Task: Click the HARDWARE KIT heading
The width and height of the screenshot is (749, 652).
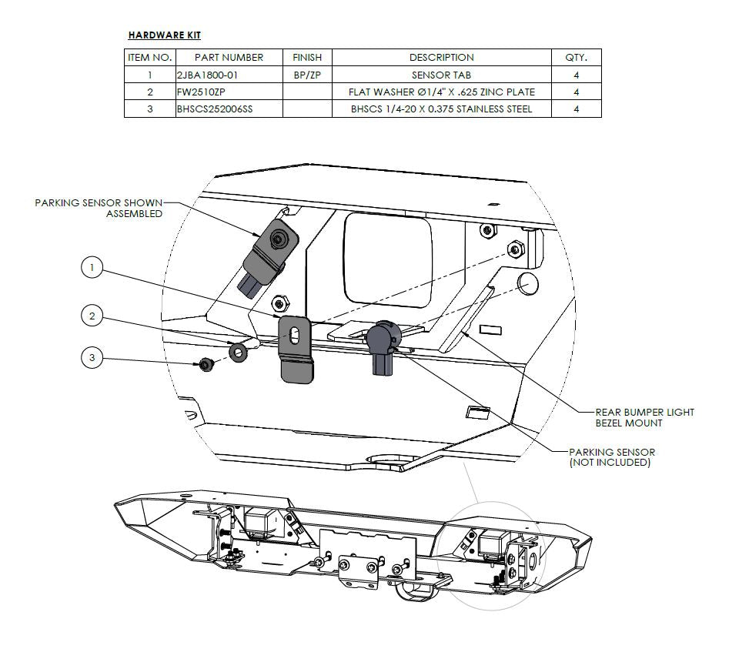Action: click(x=165, y=35)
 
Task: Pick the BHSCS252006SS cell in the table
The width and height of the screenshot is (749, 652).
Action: click(x=215, y=109)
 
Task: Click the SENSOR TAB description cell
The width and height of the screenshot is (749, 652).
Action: click(x=441, y=75)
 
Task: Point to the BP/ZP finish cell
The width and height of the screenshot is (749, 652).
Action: click(x=306, y=75)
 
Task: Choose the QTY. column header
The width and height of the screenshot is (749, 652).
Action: click(x=576, y=58)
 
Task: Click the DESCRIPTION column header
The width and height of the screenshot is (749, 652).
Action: click(x=441, y=58)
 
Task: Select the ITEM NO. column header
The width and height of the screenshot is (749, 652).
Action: click(x=149, y=58)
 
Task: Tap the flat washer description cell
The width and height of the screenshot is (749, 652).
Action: click(x=441, y=92)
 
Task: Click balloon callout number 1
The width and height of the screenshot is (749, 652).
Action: click(x=92, y=267)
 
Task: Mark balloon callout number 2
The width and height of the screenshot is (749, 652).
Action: click(x=92, y=315)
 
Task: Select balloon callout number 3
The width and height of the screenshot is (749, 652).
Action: click(x=92, y=357)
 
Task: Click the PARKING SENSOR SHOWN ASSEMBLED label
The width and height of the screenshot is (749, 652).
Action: click(x=99, y=208)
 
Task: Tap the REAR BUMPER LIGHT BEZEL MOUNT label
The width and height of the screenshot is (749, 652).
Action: click(x=644, y=417)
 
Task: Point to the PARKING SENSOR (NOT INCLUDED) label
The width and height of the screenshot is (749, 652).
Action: click(x=612, y=457)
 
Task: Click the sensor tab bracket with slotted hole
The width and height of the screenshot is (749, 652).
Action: click(x=296, y=348)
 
